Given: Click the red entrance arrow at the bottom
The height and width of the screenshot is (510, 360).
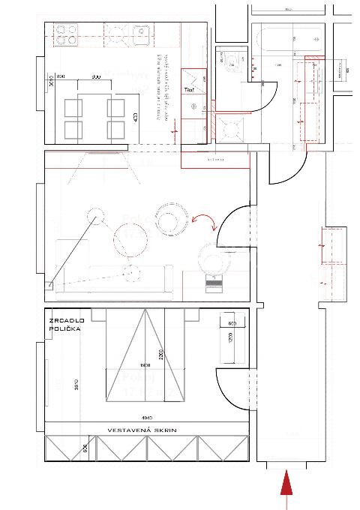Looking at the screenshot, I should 286,484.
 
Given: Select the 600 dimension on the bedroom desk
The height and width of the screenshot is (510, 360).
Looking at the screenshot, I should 232,323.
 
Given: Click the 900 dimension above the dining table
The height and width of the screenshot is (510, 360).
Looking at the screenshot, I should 97,77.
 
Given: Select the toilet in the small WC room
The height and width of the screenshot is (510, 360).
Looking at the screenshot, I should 234,64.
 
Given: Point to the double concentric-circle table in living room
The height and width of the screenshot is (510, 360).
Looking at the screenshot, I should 171,219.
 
